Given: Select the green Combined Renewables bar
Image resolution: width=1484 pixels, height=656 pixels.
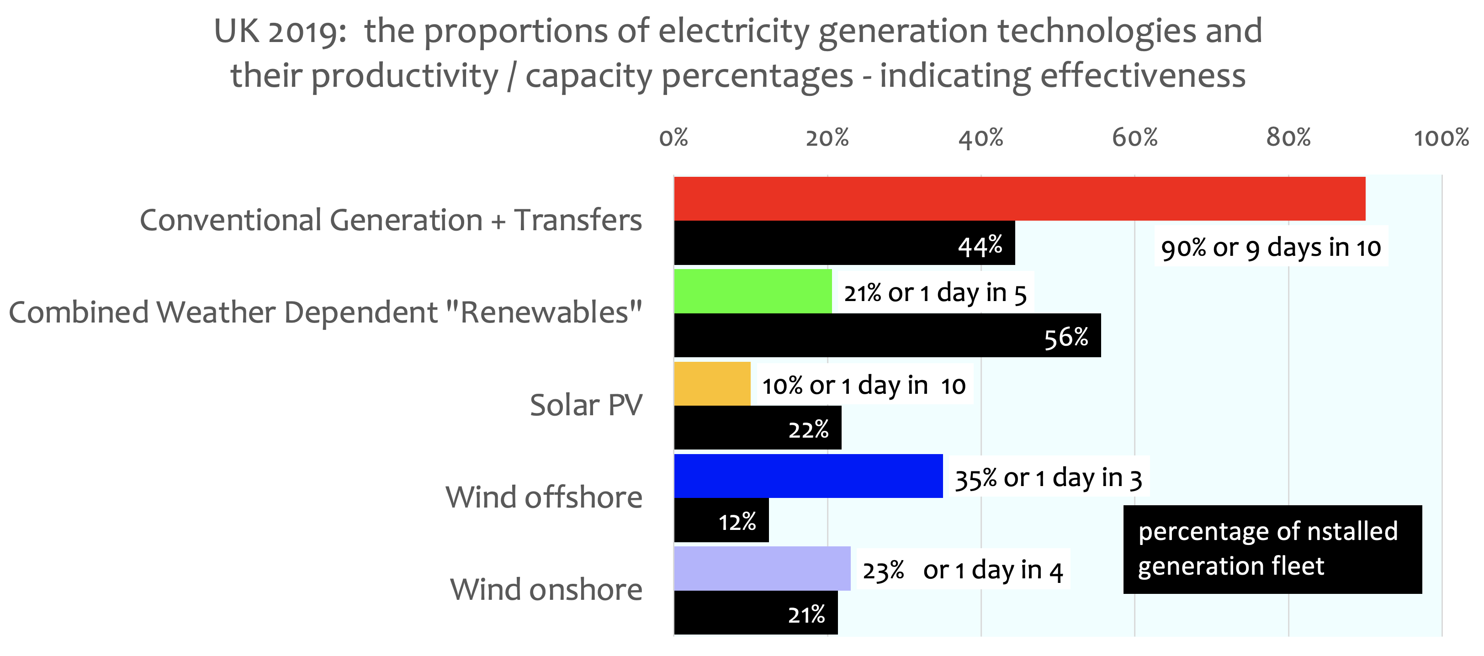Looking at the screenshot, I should [753, 291].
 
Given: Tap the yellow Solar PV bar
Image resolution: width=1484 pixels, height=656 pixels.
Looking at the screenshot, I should [712, 384].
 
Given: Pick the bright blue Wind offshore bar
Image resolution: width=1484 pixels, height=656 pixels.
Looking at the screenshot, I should [808, 476].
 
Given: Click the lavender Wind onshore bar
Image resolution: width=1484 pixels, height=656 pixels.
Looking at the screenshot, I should [762, 568].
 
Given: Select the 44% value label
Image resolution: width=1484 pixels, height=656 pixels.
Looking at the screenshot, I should [980, 246].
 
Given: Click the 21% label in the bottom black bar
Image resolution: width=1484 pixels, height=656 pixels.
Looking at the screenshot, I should [806, 614].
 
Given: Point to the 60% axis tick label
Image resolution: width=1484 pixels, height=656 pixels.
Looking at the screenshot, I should [1134, 138].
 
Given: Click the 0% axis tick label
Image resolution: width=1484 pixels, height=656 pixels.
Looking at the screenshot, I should [673, 138].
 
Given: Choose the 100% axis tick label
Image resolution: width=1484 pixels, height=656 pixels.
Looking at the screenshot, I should [1442, 138].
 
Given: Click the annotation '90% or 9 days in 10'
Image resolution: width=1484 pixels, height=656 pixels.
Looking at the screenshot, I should [1271, 248].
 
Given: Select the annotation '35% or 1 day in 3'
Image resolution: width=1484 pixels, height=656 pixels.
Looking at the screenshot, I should [1048, 478].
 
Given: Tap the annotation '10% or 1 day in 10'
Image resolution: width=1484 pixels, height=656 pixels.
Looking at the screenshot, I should [863, 385].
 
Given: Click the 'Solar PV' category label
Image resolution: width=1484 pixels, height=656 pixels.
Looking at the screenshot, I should [585, 405].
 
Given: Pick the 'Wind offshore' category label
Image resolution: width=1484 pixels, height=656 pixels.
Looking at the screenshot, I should [543, 497].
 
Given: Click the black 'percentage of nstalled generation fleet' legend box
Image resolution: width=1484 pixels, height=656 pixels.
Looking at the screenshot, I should [1272, 549].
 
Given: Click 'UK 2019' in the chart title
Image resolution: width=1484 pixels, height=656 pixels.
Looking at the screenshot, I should [280, 31].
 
